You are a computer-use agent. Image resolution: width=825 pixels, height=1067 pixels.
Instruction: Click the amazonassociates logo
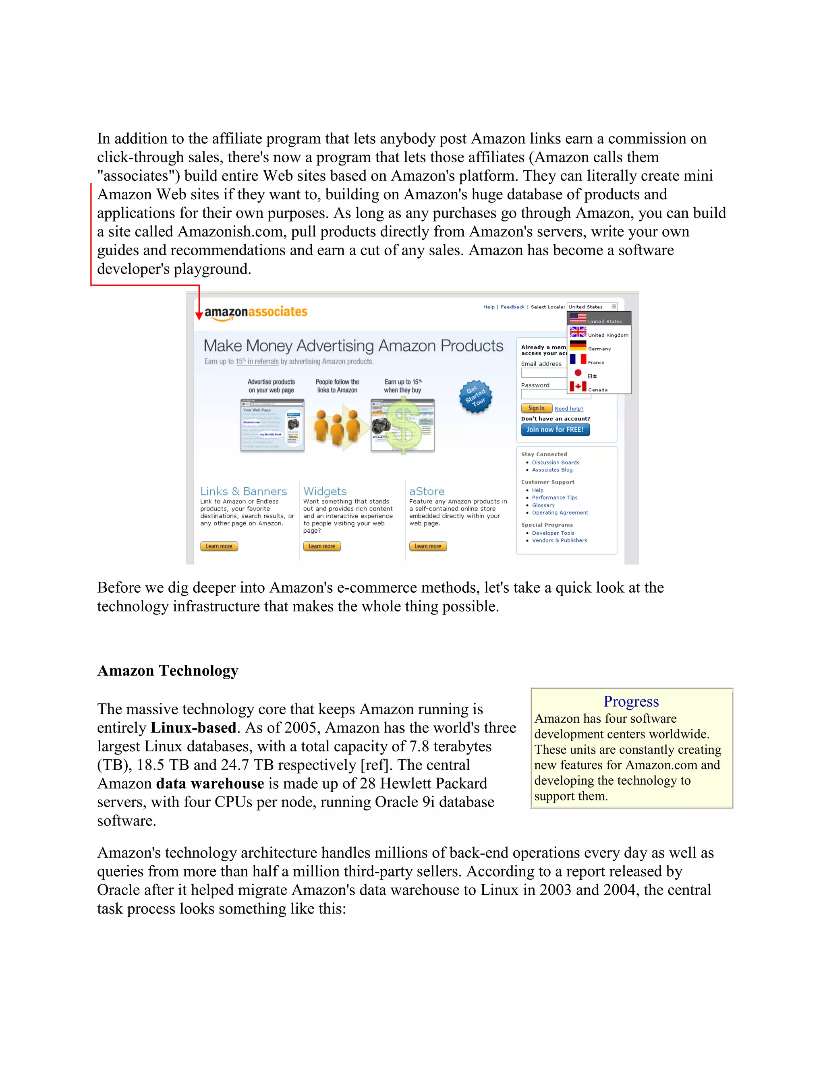256,313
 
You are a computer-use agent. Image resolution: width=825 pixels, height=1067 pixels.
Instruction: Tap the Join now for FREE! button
555,430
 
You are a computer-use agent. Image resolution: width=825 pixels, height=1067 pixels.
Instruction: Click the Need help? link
569,409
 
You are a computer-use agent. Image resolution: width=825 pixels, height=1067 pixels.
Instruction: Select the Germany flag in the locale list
578,346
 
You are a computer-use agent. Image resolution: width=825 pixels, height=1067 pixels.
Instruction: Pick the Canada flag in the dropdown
578,387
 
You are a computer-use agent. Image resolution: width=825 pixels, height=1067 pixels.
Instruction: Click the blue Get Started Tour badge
475,396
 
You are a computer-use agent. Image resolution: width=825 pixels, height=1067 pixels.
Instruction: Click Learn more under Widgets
321,546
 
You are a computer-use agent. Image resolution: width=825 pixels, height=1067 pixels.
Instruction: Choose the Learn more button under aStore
428,546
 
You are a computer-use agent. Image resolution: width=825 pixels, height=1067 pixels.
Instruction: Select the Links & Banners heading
243,492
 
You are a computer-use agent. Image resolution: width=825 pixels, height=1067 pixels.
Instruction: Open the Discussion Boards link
555,463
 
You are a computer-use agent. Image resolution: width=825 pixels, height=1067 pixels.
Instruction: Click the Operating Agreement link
560,513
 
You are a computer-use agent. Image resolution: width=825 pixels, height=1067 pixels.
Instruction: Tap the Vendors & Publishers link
559,541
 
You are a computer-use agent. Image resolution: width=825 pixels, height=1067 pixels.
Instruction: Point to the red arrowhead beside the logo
199,316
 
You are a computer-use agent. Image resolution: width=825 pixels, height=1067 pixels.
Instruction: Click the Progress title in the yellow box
631,701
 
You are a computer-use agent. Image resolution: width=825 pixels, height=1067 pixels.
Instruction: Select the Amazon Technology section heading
168,671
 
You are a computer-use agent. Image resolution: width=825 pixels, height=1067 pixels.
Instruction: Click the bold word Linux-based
193,728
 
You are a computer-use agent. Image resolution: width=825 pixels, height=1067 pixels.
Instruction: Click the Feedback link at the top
512,307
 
